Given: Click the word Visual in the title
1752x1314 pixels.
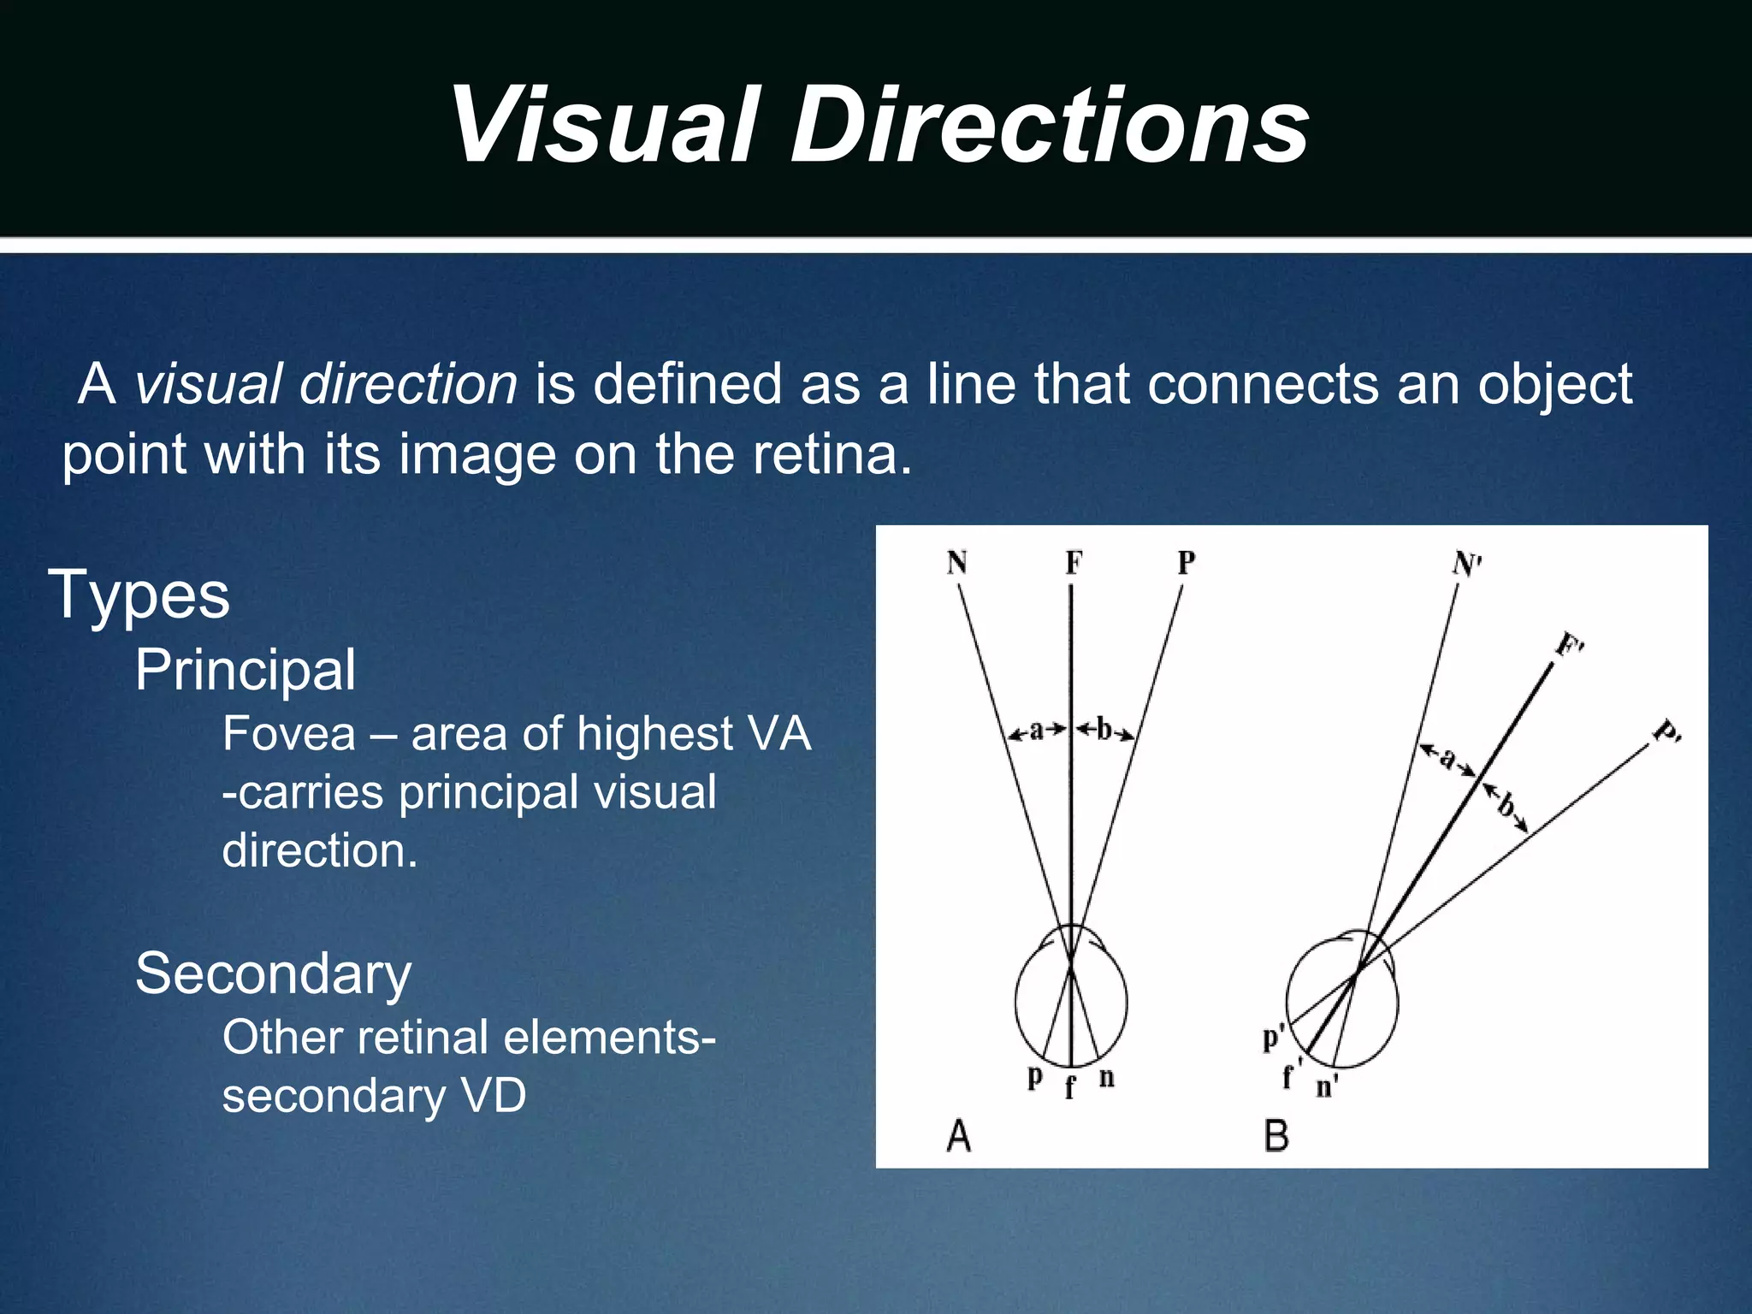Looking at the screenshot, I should click(x=604, y=127).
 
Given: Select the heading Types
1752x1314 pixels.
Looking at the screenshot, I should click(x=139, y=595).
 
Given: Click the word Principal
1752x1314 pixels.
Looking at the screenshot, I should click(x=245, y=670).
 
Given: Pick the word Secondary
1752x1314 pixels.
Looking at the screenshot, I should click(x=273, y=974).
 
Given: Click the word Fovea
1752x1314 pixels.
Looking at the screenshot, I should click(x=288, y=734).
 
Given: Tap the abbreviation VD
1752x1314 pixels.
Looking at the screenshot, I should click(x=494, y=1095).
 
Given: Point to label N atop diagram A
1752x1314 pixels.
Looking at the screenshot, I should click(x=956, y=563).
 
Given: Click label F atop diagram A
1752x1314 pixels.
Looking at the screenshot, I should click(x=1073, y=563).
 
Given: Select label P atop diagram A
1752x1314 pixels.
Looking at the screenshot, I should click(x=1186, y=563).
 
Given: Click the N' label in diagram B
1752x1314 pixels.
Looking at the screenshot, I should click(x=1466, y=565).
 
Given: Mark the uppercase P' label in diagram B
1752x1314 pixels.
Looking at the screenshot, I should click(x=1666, y=733).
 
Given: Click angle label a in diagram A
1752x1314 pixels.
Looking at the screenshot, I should click(x=1037, y=730).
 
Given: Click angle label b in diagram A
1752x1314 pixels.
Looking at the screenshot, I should click(x=1104, y=730).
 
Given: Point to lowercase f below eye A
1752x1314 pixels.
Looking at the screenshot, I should click(x=1069, y=1087).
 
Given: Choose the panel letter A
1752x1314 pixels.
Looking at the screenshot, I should click(x=959, y=1136).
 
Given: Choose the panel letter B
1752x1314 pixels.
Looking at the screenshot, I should click(x=1276, y=1136).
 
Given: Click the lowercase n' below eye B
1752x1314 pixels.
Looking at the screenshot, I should click(x=1326, y=1087).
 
